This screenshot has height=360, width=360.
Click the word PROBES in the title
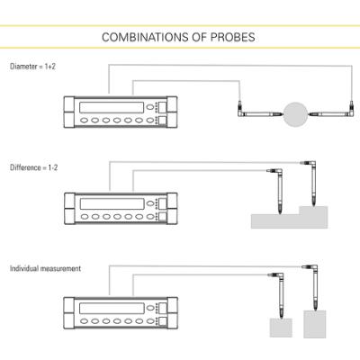[x=233, y=37]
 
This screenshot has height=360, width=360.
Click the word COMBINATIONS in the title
[x=145, y=37]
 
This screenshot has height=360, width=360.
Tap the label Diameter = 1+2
[x=32, y=67]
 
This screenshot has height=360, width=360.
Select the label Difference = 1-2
[x=33, y=167]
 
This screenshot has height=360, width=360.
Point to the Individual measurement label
[x=45, y=268]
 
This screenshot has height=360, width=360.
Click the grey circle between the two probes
[x=296, y=114]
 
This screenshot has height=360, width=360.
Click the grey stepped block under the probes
[x=290, y=217]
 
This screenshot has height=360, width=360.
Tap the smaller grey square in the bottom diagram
[x=281, y=328]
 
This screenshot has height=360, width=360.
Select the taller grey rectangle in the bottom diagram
[x=315, y=324]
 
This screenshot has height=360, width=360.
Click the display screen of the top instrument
[x=112, y=107]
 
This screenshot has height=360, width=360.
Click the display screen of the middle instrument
[x=112, y=203]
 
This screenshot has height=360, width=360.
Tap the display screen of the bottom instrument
[x=112, y=308]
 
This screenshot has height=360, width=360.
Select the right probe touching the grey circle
[x=332, y=113]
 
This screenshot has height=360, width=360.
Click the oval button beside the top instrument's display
[x=150, y=107]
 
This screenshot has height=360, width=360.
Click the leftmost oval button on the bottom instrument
[x=85, y=321]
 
